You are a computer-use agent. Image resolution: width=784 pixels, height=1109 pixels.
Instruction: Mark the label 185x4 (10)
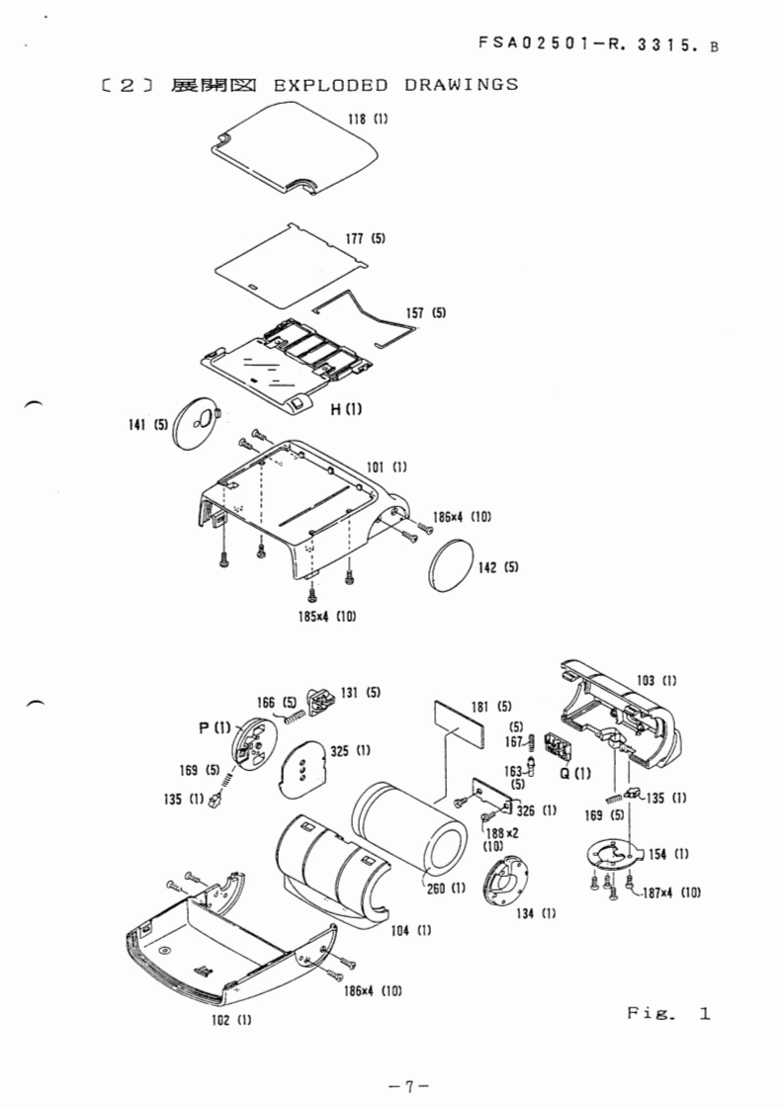click(x=325, y=617)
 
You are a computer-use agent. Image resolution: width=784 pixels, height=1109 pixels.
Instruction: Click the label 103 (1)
click(x=656, y=680)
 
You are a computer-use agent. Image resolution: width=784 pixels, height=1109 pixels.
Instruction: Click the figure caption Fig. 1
click(x=669, y=1013)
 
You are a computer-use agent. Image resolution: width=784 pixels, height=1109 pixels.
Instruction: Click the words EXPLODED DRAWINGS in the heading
click(x=394, y=84)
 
